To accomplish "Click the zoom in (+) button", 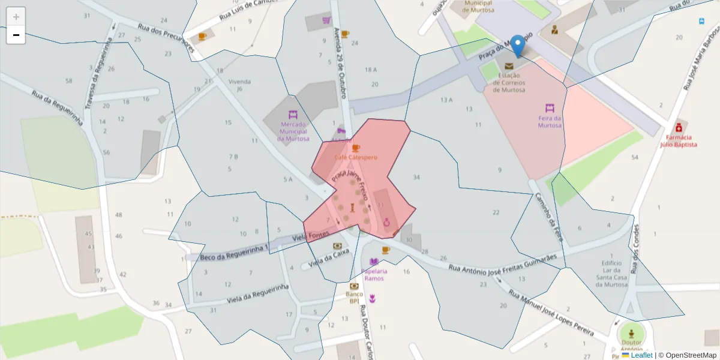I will (x=16, y=17).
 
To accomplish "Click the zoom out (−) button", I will (x=16, y=35).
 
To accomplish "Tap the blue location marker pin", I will (x=516, y=45).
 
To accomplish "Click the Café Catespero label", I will (x=356, y=157).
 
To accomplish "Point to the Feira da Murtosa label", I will (x=550, y=122).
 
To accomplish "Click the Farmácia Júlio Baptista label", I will (x=678, y=141).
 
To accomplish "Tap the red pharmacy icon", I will (x=678, y=127).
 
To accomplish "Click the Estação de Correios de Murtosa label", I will (x=509, y=83).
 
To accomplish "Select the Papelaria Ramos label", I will (x=374, y=275).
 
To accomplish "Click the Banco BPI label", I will (x=354, y=297).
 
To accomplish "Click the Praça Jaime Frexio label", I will (x=350, y=184).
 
